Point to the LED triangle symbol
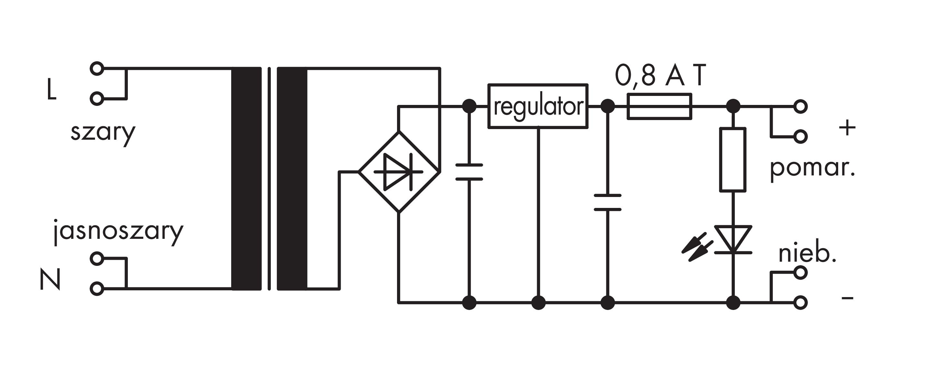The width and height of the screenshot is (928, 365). [733, 239]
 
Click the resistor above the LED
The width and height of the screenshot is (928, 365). [733, 159]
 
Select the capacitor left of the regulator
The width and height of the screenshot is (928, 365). [469, 172]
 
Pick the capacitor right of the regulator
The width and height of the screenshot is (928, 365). [608, 202]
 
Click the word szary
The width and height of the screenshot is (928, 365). [103, 133]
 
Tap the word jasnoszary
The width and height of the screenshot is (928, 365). [118, 232]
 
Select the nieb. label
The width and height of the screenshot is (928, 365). [807, 255]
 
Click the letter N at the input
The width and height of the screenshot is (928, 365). [50, 279]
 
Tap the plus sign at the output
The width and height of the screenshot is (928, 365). [847, 128]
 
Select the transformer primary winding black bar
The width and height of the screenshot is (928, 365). [246, 179]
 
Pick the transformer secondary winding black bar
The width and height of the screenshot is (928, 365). [292, 179]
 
